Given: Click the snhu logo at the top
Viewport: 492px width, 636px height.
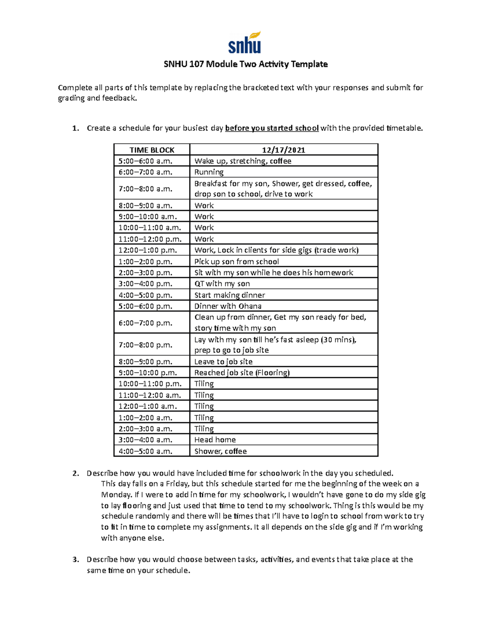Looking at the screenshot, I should pyautogui.click(x=245, y=43).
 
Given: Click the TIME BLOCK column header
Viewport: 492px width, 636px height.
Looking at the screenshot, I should pyautogui.click(x=152, y=150).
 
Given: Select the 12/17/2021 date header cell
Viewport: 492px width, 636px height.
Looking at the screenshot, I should pyautogui.click(x=283, y=150).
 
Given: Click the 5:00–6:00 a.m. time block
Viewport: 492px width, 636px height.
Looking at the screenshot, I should pyautogui.click(x=146, y=161).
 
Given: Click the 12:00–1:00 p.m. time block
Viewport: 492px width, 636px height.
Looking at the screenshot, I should pyautogui.click(x=148, y=250).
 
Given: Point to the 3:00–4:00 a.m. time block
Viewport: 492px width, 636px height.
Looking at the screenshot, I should pyautogui.click(x=146, y=440).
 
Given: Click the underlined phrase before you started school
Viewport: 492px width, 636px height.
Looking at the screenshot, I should pyautogui.click(x=272, y=128).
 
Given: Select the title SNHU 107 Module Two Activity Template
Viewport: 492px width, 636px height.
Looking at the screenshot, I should pyautogui.click(x=246, y=64).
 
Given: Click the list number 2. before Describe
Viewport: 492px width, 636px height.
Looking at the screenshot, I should pyautogui.click(x=75, y=473).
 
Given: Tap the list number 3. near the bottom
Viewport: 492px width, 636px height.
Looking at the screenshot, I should pyautogui.click(x=75, y=559).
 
